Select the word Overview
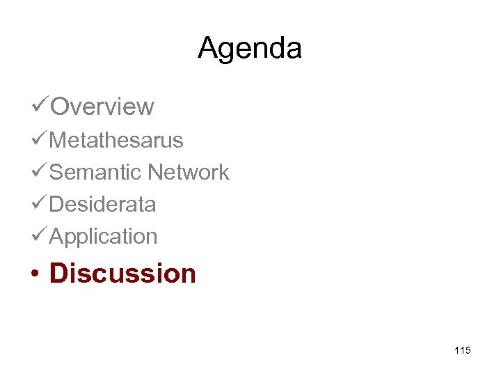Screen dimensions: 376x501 102,107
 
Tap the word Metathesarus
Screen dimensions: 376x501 116,140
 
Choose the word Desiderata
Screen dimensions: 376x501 102,204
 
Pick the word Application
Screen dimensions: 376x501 104,237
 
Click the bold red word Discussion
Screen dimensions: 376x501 122,273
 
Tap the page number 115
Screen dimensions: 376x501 462,350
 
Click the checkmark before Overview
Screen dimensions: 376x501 40,107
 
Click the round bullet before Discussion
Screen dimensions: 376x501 33,274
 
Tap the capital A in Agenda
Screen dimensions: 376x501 207,48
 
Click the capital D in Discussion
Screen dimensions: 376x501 59,273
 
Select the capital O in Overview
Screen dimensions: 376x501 61,107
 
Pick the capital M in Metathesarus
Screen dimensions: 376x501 58,140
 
